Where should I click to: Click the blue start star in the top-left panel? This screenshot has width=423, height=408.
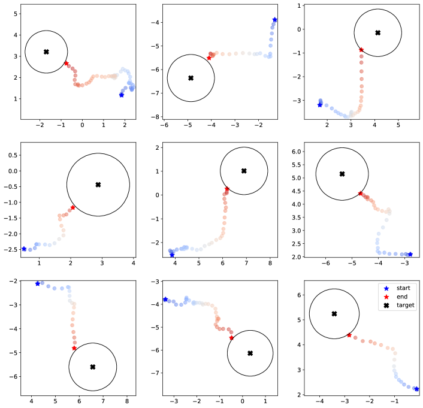tap(122, 95)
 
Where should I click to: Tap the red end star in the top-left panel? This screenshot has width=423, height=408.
tap(66, 64)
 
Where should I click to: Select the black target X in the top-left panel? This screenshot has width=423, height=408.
tap(46, 52)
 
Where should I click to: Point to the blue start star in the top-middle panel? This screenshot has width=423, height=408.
tap(274, 20)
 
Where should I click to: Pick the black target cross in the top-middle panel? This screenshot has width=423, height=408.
tap(191, 78)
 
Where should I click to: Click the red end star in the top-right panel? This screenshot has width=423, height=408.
tap(361, 50)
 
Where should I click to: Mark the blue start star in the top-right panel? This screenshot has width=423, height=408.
tap(319, 105)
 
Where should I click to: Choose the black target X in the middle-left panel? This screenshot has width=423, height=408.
tap(98, 185)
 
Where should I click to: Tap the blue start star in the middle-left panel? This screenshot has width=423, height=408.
tap(24, 249)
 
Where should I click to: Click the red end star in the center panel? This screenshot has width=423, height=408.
tap(226, 189)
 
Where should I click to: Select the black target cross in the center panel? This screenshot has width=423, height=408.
tap(244, 171)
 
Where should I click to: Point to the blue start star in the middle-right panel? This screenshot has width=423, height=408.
tap(410, 255)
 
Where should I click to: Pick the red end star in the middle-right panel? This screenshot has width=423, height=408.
tap(360, 193)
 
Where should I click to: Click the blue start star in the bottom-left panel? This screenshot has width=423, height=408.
tap(38, 283)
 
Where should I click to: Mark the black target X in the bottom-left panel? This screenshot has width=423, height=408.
tap(92, 367)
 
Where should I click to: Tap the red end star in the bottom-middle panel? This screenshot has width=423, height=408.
tap(231, 338)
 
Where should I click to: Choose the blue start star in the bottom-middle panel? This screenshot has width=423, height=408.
tap(165, 299)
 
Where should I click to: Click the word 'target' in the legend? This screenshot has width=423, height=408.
tap(406, 306)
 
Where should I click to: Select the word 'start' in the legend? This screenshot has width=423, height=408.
tap(403, 288)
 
